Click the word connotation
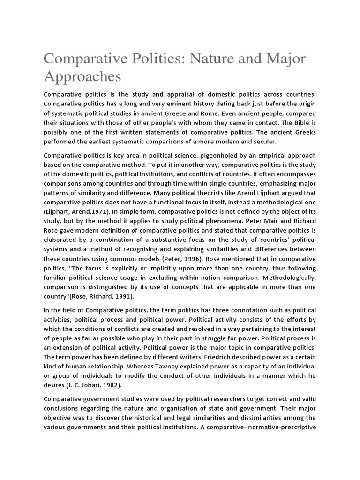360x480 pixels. pyautogui.click(x=253, y=310)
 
